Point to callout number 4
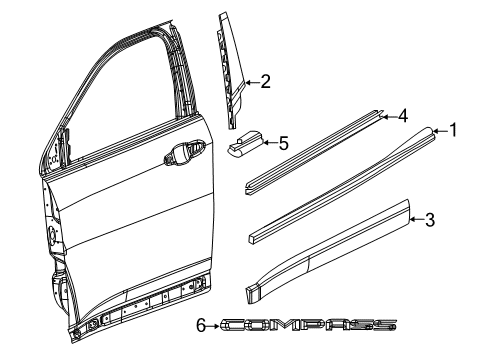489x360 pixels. point(402,115)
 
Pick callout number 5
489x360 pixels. point(284,143)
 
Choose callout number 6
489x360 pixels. point(200,325)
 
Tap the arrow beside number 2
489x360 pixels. point(251,83)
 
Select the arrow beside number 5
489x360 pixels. point(270,144)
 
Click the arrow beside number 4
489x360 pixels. point(388,116)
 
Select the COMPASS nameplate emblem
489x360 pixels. point(310,325)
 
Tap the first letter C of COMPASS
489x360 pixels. point(231,325)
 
